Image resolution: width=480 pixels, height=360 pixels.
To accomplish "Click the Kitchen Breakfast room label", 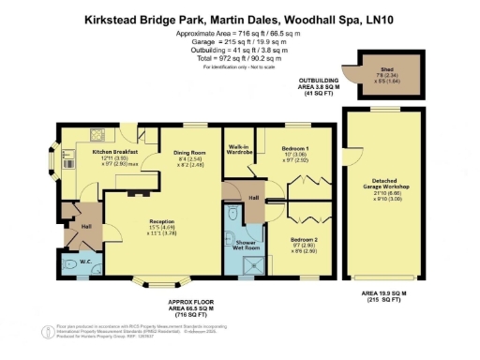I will click(x=114, y=151).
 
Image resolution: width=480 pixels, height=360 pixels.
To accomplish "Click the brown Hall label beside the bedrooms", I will click(x=253, y=198).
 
